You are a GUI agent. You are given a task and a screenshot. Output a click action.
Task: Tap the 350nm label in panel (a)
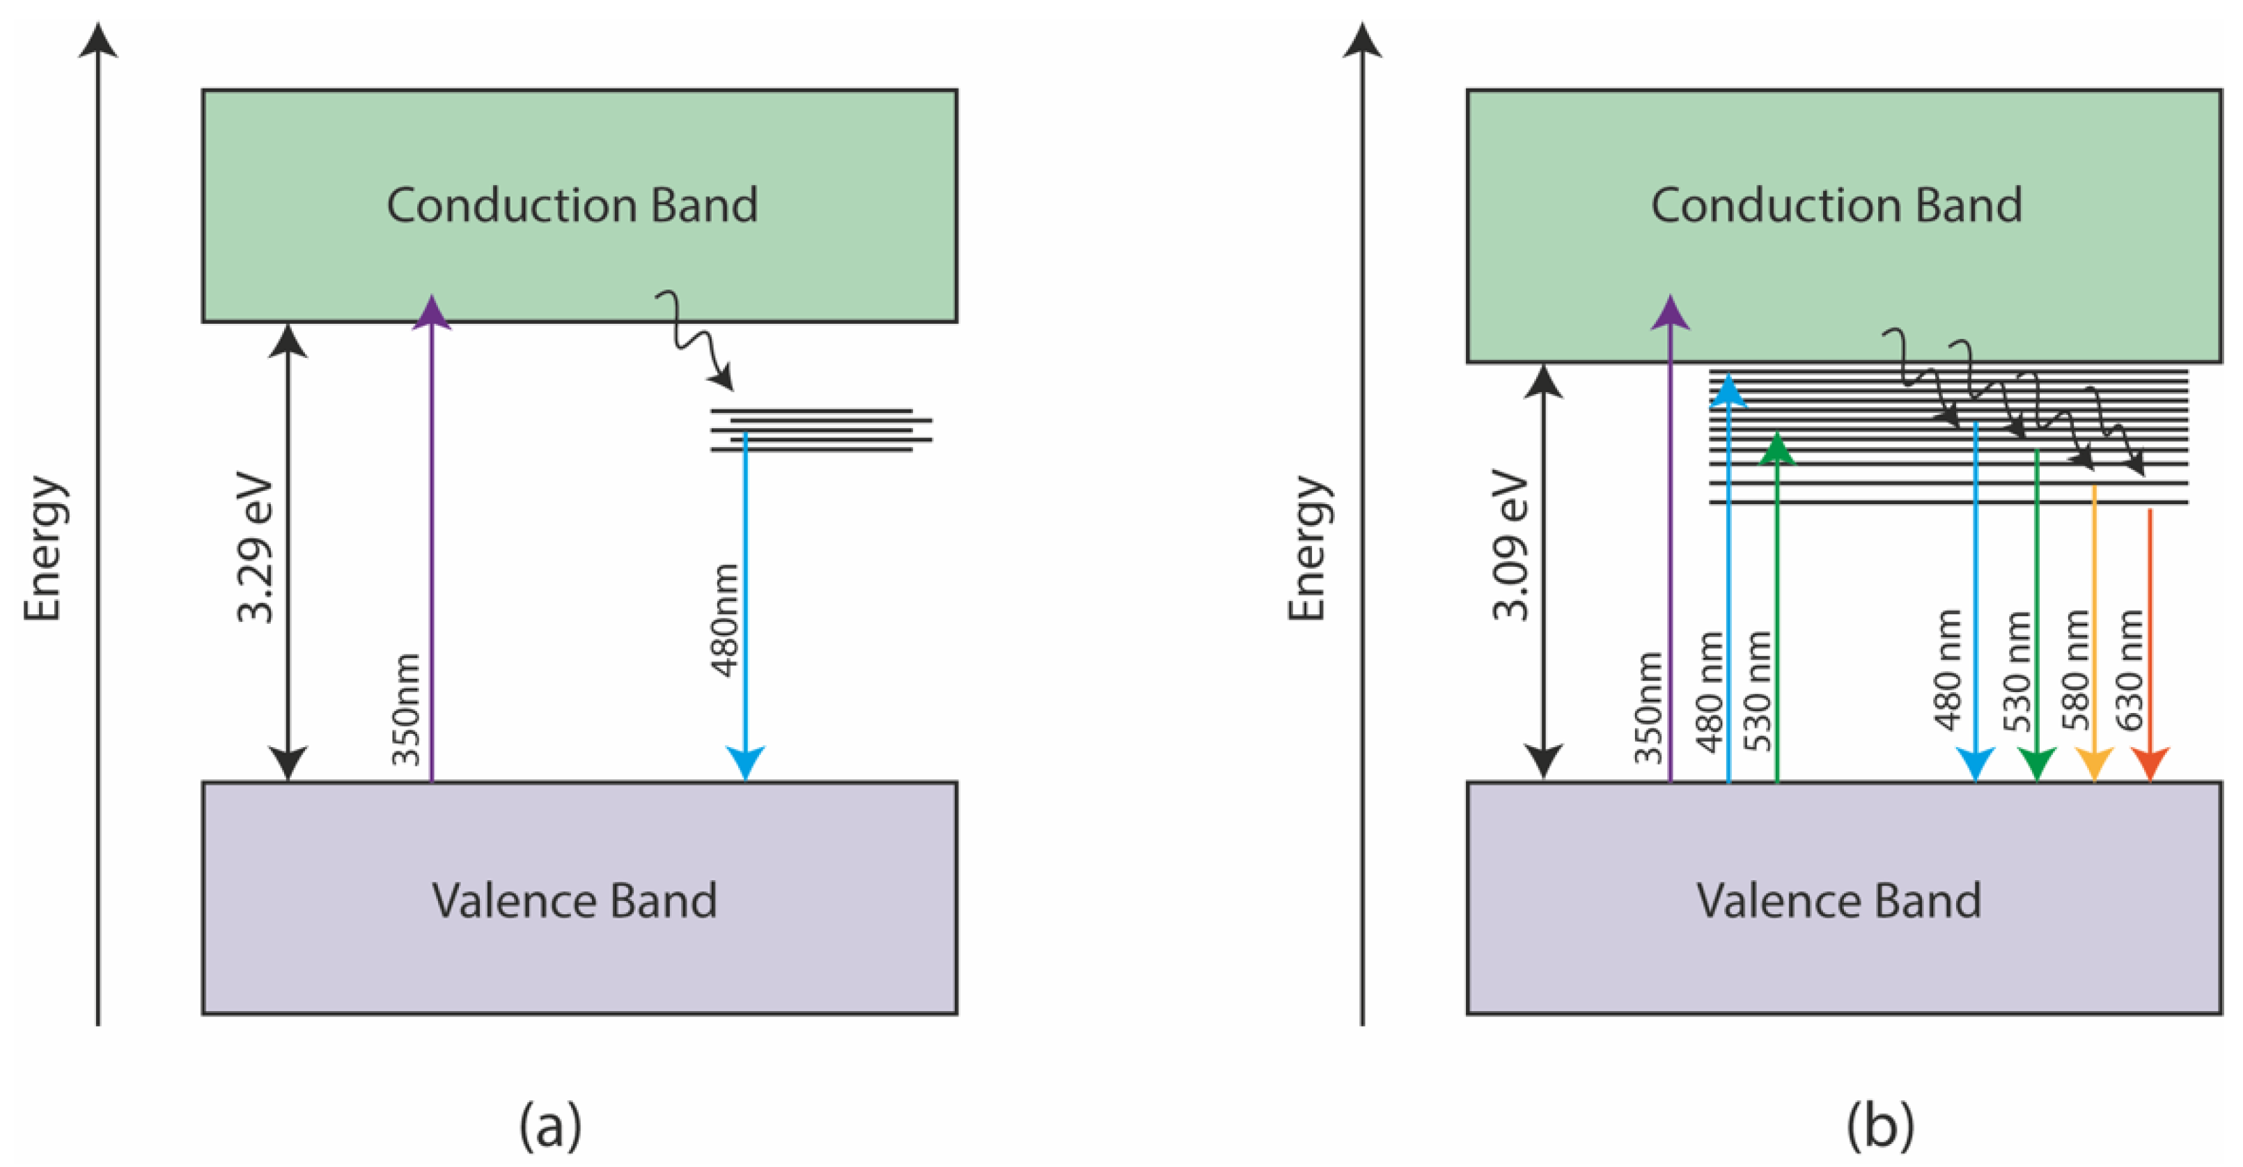[x=407, y=709]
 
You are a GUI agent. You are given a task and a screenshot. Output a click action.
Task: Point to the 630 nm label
[x=2129, y=671]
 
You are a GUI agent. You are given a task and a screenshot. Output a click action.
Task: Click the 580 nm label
[x=2076, y=671]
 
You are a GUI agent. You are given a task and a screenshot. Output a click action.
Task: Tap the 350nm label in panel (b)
[x=1648, y=708]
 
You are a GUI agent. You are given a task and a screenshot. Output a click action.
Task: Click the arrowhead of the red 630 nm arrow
[x=2150, y=763]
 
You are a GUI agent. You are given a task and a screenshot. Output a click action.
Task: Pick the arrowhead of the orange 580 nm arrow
[x=2094, y=763]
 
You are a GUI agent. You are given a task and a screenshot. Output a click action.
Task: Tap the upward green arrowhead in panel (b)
[x=1777, y=448]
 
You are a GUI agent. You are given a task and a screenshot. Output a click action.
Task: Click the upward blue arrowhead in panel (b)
[x=1729, y=391]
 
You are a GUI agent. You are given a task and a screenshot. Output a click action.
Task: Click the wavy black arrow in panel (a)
[x=695, y=340]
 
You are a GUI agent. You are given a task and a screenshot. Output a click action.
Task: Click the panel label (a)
[x=550, y=1126]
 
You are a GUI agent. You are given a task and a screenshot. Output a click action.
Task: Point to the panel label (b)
[x=1881, y=1126]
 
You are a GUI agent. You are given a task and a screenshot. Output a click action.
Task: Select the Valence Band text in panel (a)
[x=575, y=900]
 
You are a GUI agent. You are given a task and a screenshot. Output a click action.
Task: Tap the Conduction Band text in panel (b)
[x=1836, y=205]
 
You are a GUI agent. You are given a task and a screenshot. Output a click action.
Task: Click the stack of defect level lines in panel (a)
[x=821, y=430]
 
